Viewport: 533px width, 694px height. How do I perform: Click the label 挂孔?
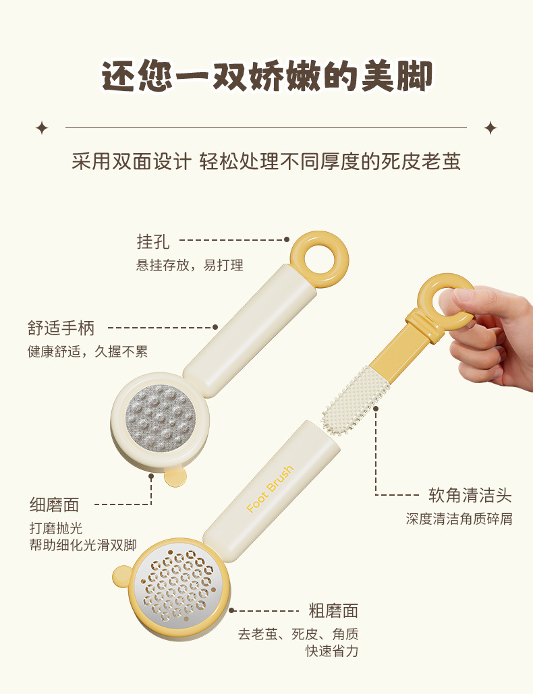click(152, 241)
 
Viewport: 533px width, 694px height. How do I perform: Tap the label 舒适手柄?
click(61, 328)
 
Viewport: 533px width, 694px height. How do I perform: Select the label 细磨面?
click(55, 504)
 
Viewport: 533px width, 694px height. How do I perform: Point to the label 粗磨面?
click(333, 611)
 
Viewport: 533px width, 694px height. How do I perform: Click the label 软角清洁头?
click(470, 495)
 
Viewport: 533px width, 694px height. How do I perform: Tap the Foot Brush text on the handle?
click(270, 489)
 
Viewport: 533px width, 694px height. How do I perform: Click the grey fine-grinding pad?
click(161, 418)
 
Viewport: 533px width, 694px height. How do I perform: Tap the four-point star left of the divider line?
click(42, 128)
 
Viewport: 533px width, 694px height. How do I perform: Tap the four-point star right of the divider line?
click(490, 128)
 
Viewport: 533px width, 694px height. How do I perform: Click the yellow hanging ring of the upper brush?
click(318, 240)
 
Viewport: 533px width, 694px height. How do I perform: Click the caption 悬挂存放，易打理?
click(190, 265)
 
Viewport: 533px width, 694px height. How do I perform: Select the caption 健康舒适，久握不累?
click(88, 351)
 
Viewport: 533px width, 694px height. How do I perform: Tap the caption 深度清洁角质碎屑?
click(459, 518)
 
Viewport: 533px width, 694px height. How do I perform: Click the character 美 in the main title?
click(378, 76)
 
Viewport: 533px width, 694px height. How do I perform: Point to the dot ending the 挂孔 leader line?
click(287, 239)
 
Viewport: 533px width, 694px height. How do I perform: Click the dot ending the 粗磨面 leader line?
click(231, 611)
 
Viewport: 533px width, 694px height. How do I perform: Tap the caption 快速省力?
click(331, 651)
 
